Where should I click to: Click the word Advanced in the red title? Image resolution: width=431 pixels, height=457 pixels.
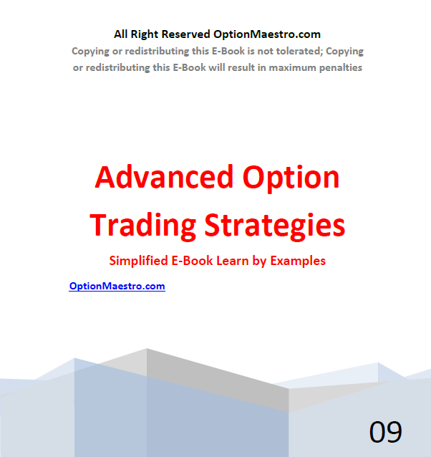point(164,177)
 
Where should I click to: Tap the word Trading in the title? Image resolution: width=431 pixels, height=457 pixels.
point(143,226)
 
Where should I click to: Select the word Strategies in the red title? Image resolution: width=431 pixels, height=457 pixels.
point(275,226)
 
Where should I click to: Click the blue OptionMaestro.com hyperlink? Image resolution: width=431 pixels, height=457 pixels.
point(117,286)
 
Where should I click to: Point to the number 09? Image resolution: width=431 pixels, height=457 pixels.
point(386,432)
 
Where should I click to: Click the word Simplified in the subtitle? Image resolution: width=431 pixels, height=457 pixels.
point(138,261)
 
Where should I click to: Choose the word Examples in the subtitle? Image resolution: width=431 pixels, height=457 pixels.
point(298,261)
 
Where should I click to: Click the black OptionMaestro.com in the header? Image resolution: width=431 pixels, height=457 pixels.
point(267,34)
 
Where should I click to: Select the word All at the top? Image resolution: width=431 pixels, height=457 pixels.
point(120,34)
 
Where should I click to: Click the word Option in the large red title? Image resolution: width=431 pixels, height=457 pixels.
point(291,178)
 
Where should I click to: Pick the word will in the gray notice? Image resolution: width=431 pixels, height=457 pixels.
point(216,67)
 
